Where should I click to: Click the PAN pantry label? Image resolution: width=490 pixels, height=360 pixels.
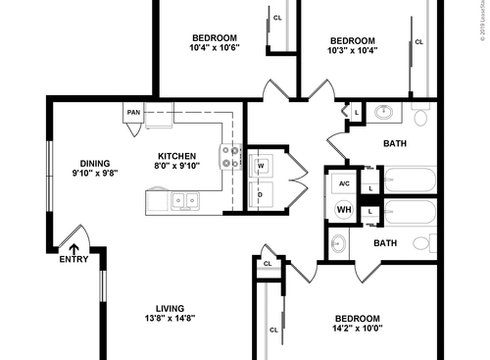pos(133,113)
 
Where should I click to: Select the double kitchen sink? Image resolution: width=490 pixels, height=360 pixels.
pos(182,201)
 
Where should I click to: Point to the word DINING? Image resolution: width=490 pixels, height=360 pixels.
pos(95,163)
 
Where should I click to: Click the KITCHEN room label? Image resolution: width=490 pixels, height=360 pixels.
pos(177,156)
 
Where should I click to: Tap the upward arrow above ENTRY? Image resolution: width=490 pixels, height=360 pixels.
pos(73,249)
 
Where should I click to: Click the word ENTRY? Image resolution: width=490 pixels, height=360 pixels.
pos(73,260)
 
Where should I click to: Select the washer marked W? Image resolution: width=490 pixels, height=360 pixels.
pos(261,166)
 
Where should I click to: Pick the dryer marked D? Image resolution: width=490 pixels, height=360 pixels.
pos(261,194)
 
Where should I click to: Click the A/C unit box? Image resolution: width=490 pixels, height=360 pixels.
pos(344,183)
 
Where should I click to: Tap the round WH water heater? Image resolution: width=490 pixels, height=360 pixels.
pos(344,209)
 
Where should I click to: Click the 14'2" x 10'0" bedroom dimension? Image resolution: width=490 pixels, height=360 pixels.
pos(358,330)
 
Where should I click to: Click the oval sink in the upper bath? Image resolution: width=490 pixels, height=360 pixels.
pos(385,112)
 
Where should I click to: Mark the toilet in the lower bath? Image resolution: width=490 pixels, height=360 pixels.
pos(423,242)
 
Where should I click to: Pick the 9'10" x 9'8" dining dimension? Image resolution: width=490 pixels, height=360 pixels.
pos(95,174)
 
